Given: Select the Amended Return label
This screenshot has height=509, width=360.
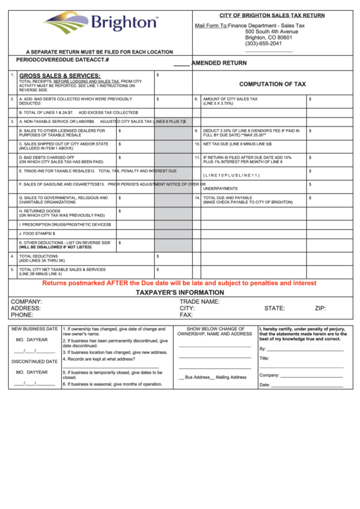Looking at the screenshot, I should click(219, 63).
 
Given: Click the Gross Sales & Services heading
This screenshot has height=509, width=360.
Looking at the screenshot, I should click(60, 75).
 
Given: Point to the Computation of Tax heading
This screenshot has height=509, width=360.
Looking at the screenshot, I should click(272, 84).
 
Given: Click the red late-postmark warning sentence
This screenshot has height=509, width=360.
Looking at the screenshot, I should click(179, 283).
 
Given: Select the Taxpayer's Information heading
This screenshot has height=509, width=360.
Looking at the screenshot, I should click(179, 292).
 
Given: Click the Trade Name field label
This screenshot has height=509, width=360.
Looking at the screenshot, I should click(199, 301).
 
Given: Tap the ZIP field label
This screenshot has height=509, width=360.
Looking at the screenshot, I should click(321, 308).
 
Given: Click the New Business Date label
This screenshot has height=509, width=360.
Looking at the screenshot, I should click(33, 329).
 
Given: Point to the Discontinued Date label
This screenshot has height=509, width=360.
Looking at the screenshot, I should click(34, 362).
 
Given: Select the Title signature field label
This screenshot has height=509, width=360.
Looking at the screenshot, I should click(264, 358).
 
